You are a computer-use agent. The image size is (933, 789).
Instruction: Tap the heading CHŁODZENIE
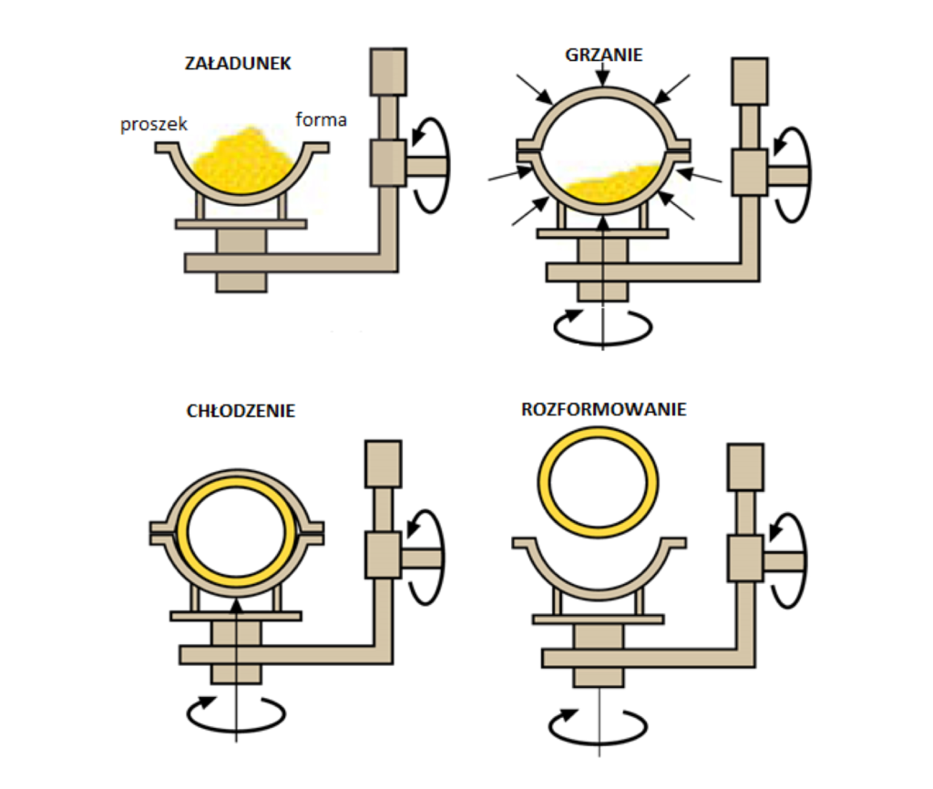pyautogui.click(x=240, y=411)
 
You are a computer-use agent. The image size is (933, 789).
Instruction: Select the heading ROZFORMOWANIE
pyautogui.click(x=603, y=409)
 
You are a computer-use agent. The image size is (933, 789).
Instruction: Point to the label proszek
pyautogui.click(x=154, y=125)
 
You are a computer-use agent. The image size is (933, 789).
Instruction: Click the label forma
pyautogui.click(x=321, y=119)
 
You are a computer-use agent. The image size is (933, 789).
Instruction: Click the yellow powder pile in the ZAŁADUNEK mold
pyautogui.click(x=243, y=161)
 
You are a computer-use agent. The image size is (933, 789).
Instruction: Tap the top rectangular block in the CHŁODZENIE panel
pyautogui.click(x=383, y=464)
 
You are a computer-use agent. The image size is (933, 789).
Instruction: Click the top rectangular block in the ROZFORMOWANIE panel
pyautogui.click(x=744, y=467)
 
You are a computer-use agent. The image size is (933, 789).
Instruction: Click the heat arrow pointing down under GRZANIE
pyautogui.click(x=603, y=75)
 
